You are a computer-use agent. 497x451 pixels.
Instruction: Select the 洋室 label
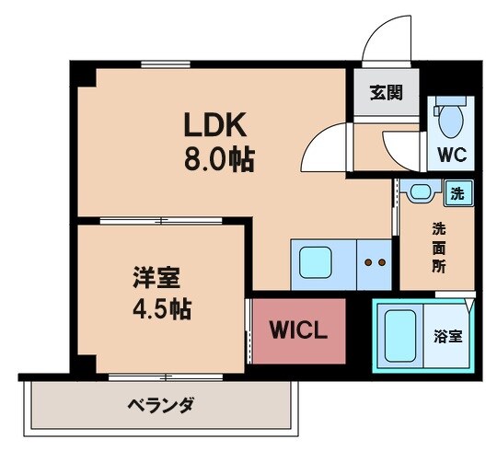pyautogui.click(x=154, y=277)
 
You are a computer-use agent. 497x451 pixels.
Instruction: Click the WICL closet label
pyautogui.click(x=298, y=330)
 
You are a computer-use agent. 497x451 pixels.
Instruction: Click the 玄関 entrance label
pyautogui.click(x=386, y=93)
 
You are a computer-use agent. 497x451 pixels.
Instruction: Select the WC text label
pyautogui.click(x=451, y=154)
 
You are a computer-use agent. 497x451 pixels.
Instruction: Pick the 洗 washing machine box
pyautogui.click(x=457, y=193)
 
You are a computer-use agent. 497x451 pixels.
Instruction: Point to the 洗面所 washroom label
pyautogui.click(x=440, y=247)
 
